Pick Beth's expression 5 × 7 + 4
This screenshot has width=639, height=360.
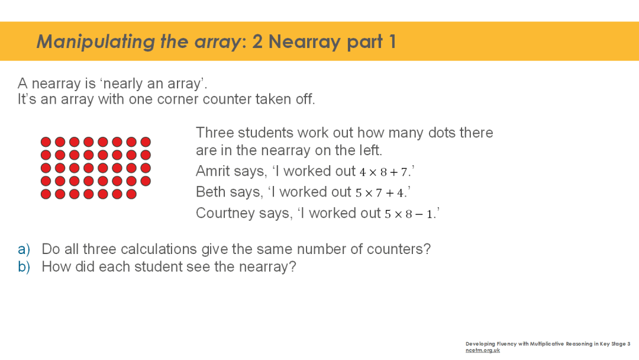point(379,193)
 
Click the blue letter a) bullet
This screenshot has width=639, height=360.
point(24,249)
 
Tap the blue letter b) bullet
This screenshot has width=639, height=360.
point(24,266)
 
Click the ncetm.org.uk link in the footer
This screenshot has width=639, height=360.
point(483,350)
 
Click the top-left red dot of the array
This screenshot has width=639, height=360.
point(46,142)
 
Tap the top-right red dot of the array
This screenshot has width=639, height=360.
point(146,142)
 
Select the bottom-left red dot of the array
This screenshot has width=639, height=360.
point(46,194)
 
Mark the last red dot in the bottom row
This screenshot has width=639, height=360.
point(131,194)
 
